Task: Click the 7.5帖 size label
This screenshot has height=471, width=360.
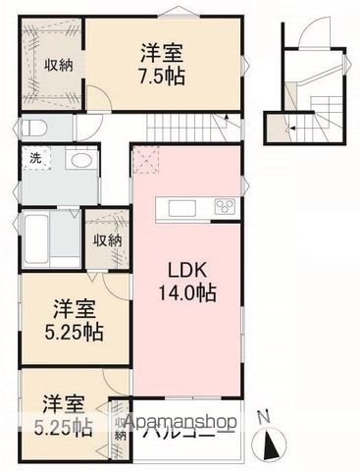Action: (163, 73)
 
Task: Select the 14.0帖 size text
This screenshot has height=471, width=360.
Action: (184, 291)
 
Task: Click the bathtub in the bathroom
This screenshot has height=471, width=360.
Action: (35, 236)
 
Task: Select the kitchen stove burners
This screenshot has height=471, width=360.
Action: (224, 207)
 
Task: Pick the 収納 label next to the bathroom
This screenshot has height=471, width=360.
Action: (106, 240)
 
